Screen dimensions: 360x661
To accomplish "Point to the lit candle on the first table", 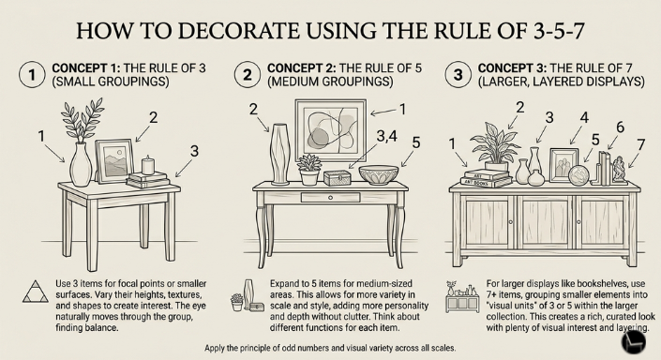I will pyautogui.click(x=146, y=165).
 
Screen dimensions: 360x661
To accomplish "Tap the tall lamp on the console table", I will pyautogui.click(x=278, y=155).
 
